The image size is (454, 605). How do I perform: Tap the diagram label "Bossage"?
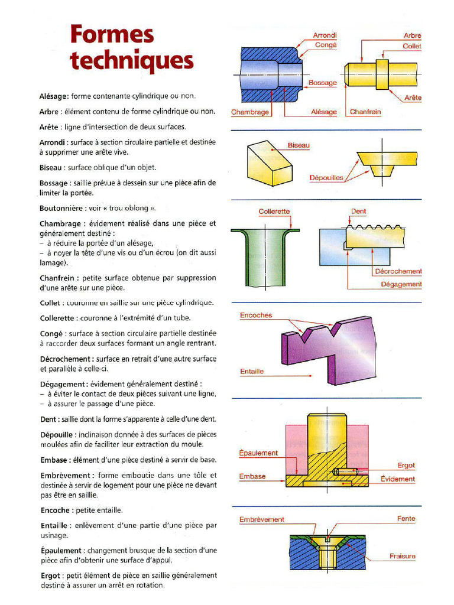(322, 83)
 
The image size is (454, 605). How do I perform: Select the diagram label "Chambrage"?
(250, 112)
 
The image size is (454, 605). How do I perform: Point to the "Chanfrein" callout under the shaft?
(365, 111)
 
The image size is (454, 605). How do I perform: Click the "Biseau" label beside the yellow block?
(299, 145)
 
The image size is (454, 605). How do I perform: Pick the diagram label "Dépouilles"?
(326, 177)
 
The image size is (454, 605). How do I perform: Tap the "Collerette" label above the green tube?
(274, 212)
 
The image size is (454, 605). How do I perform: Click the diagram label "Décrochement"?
(398, 271)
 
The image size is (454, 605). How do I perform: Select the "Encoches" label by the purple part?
(256, 315)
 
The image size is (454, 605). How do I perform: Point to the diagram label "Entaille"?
(252, 372)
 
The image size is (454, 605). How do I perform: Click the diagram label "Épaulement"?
(258, 453)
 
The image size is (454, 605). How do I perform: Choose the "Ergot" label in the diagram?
(406, 466)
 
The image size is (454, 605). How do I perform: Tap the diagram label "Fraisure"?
(402, 556)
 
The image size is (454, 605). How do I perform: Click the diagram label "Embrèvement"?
(261, 519)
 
